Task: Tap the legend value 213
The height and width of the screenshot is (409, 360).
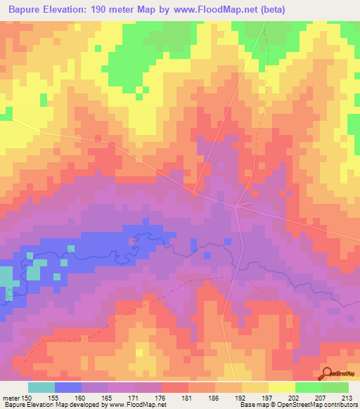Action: click(x=346, y=397)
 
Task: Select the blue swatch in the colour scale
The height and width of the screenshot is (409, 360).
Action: click(x=68, y=387)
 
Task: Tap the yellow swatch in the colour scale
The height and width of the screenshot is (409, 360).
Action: click(x=282, y=387)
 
